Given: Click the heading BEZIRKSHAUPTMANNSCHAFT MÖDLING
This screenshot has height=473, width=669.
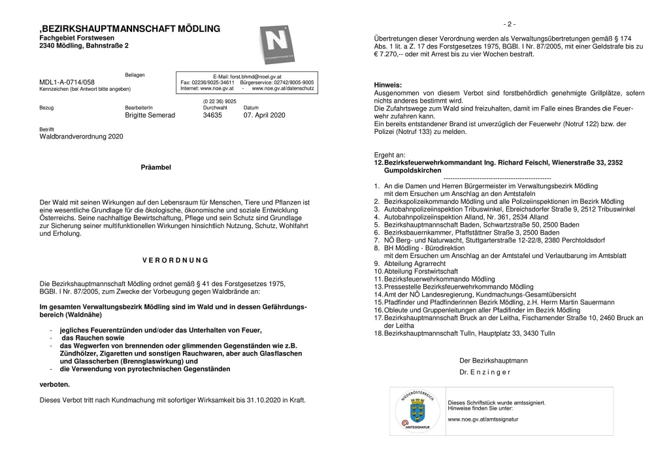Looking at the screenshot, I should (131, 29).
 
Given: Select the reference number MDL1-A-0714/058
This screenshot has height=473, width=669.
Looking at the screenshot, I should (67, 82).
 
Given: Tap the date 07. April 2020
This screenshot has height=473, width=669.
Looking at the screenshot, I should (265, 114).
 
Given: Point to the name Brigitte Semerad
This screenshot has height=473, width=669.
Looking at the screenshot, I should (150, 114).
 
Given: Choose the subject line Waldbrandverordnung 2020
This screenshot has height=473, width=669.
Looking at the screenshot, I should (81, 137).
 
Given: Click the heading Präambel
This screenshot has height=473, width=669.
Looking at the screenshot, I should (156, 167).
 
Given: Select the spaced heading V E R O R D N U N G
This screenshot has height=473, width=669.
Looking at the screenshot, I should (174, 260).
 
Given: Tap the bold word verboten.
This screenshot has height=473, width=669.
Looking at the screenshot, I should (55, 385).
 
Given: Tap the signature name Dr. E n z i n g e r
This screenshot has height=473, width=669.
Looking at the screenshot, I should (485, 372).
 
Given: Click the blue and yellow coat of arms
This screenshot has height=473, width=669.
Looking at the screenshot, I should (417, 412).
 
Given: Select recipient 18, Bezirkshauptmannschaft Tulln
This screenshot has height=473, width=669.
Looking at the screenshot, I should (469, 333).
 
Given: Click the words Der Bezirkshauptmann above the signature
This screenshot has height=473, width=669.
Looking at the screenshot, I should (494, 360).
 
